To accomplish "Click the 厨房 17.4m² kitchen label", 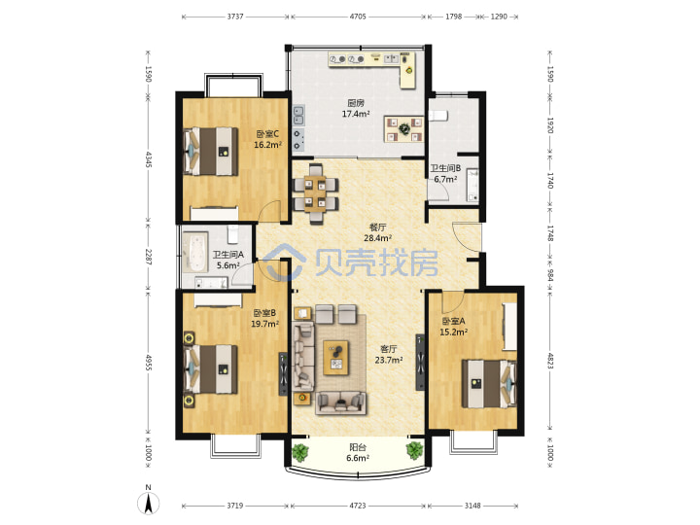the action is [x=356, y=109].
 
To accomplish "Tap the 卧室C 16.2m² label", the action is [x=267, y=139].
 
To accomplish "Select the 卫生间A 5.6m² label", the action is [x=228, y=260].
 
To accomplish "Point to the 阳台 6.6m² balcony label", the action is [x=358, y=453].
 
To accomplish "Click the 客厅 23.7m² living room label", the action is [x=388, y=355].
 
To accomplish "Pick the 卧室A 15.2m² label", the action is [x=454, y=327].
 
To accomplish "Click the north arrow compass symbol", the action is [x=148, y=501].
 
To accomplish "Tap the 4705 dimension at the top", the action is [x=358, y=17].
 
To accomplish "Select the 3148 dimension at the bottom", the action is [x=472, y=506].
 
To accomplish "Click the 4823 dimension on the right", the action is [x=550, y=361].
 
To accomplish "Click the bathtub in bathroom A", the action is [x=195, y=252].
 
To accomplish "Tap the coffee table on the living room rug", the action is [x=336, y=358].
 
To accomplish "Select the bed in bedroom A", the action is [x=489, y=384].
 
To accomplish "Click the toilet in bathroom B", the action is [x=437, y=116].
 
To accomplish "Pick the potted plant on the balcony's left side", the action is [x=300, y=452].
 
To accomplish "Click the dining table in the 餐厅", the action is [x=315, y=194].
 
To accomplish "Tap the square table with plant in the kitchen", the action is [x=404, y=129].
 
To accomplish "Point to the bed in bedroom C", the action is [x=211, y=152].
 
